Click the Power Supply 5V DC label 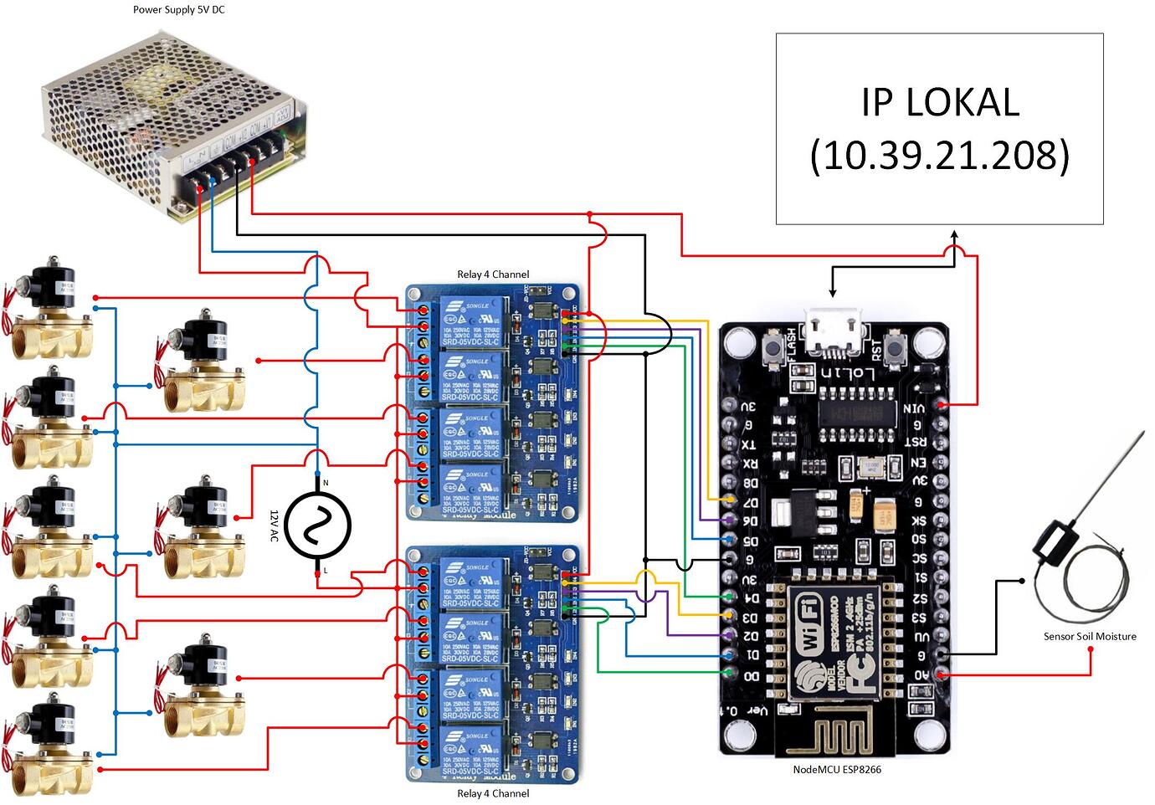[x=179, y=10]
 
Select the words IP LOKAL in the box [x=940, y=102]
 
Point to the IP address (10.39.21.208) [x=940, y=155]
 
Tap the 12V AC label [x=273, y=526]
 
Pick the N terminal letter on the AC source [x=326, y=484]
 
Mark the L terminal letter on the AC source [x=325, y=571]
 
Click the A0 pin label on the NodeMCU [x=919, y=674]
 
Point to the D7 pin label [x=750, y=502]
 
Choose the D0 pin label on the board [x=751, y=675]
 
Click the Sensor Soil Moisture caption [x=1090, y=637]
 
